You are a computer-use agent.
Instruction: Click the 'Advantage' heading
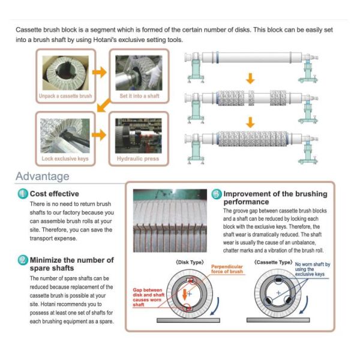point(42,176)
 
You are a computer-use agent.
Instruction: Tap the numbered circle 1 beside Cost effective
point(22,194)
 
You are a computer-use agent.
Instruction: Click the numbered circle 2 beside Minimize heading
point(22,260)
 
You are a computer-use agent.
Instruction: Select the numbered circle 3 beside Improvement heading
point(217,194)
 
